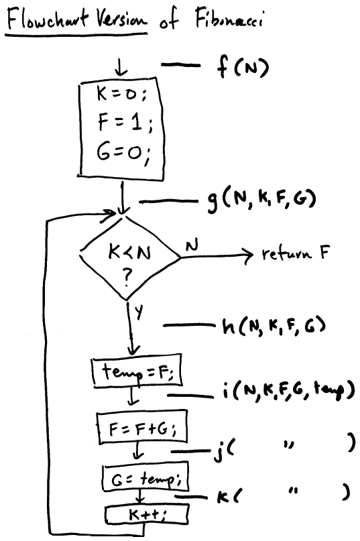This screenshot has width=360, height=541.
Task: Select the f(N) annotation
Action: click(242, 67)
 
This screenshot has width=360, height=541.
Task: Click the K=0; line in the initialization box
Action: click(121, 94)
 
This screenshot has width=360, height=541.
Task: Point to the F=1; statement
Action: click(125, 123)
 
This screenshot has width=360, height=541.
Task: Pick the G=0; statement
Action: click(123, 153)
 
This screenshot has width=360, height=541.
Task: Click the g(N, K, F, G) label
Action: click(261, 200)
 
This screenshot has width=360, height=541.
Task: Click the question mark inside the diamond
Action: click(127, 276)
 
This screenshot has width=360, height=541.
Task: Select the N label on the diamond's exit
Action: click(192, 245)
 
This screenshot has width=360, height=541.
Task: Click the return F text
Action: click(296, 253)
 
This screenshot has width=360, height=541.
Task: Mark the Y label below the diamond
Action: click(138, 312)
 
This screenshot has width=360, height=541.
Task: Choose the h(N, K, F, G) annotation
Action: click(274, 326)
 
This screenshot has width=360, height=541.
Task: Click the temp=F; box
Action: click(137, 371)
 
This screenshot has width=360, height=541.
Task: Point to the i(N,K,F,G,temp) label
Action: click(288, 391)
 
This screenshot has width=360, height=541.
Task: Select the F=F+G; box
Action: click(142, 427)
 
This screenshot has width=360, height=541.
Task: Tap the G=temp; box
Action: click(145, 478)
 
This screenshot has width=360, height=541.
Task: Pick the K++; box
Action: click(147, 514)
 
